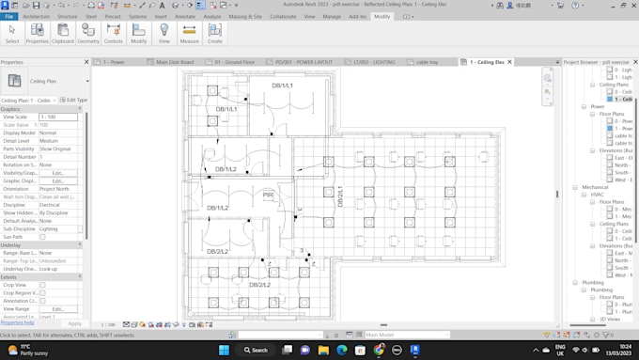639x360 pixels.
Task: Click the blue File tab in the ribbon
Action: click(x=9, y=17)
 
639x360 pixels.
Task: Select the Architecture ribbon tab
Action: click(x=36, y=17)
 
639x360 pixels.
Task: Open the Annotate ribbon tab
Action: click(x=185, y=17)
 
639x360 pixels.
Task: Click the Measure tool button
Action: click(x=189, y=34)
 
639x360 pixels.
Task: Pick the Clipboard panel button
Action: click(x=63, y=34)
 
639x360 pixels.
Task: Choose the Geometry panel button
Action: click(x=88, y=34)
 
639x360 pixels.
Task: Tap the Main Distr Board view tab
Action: click(x=174, y=62)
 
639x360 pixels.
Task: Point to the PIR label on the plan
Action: click(x=268, y=196)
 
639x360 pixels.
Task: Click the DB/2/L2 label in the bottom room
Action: click(x=260, y=284)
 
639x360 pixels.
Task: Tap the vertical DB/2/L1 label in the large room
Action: click(x=340, y=197)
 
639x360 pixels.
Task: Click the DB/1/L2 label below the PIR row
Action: click(x=217, y=208)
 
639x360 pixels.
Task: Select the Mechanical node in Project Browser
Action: click(x=595, y=187)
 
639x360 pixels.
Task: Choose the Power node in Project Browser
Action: click(x=598, y=106)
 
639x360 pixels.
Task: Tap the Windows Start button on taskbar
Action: click(x=225, y=350)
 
